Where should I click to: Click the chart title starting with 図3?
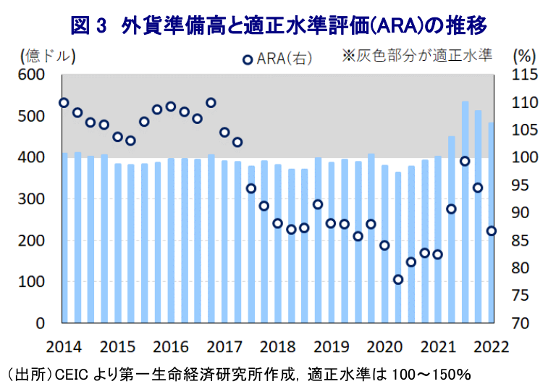click(x=278, y=25)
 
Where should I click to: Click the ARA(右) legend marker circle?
click(x=247, y=59)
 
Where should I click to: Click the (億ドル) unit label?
click(x=48, y=55)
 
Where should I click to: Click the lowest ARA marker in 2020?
click(x=397, y=280)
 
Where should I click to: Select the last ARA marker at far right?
click(x=492, y=230)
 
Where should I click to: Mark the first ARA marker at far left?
click(x=64, y=103)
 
